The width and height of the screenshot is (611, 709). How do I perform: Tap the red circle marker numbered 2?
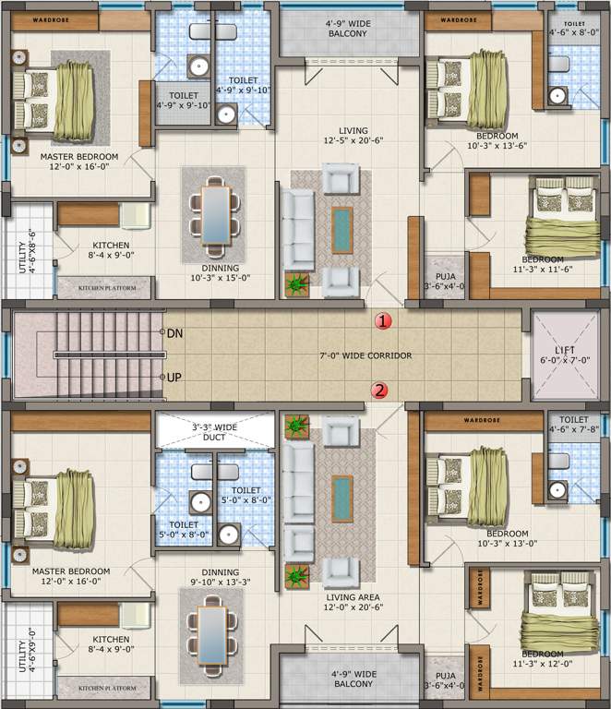(380, 390)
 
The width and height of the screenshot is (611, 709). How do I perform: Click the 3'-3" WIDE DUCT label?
(214, 433)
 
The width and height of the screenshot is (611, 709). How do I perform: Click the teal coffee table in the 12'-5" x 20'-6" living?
(341, 229)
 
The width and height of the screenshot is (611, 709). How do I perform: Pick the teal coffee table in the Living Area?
(341, 498)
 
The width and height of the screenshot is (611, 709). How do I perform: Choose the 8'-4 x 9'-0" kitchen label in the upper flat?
(111, 248)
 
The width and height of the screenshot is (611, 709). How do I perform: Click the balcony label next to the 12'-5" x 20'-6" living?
(346, 28)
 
